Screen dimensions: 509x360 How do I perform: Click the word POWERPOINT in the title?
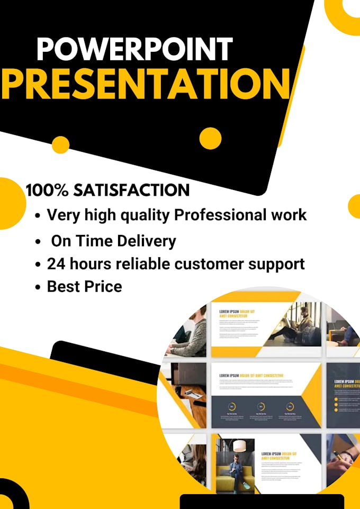click(x=134, y=49)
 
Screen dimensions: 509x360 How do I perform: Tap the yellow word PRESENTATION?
click(x=146, y=83)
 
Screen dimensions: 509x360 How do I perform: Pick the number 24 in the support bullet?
click(x=57, y=263)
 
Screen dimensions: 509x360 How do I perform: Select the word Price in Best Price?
click(x=104, y=287)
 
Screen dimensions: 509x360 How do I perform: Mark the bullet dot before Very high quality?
click(x=38, y=216)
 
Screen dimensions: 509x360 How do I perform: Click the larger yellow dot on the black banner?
click(x=210, y=138)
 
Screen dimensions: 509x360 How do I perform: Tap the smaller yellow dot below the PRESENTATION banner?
click(x=61, y=144)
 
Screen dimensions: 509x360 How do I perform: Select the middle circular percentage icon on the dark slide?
click(x=260, y=406)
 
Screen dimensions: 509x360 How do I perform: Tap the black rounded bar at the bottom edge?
click(x=262, y=501)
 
